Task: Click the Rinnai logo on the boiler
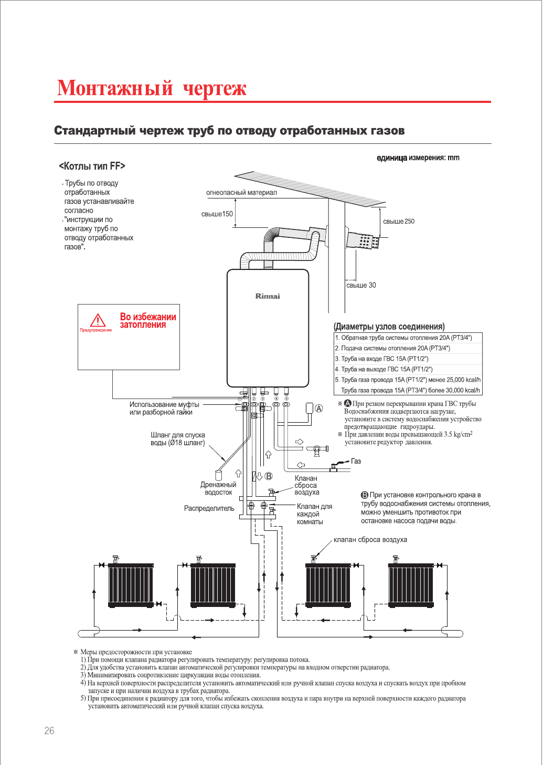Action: click(x=268, y=296)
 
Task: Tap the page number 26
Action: click(x=49, y=730)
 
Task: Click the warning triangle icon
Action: click(x=98, y=320)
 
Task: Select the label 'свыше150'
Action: click(x=217, y=214)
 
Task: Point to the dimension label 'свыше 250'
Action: click(x=399, y=221)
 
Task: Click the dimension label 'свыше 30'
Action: click(x=361, y=285)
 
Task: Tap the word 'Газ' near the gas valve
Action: click(x=356, y=461)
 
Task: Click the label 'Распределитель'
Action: click(x=209, y=508)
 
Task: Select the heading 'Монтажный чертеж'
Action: click(x=152, y=88)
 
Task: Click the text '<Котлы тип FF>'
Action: click(x=92, y=166)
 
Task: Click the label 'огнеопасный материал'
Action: click(x=241, y=193)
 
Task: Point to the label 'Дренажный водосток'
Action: click(x=218, y=488)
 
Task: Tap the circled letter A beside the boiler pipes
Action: click(x=318, y=408)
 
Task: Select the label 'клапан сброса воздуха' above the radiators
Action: click(x=370, y=540)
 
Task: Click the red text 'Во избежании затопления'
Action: click(x=148, y=321)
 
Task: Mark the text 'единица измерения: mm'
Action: click(x=418, y=158)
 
